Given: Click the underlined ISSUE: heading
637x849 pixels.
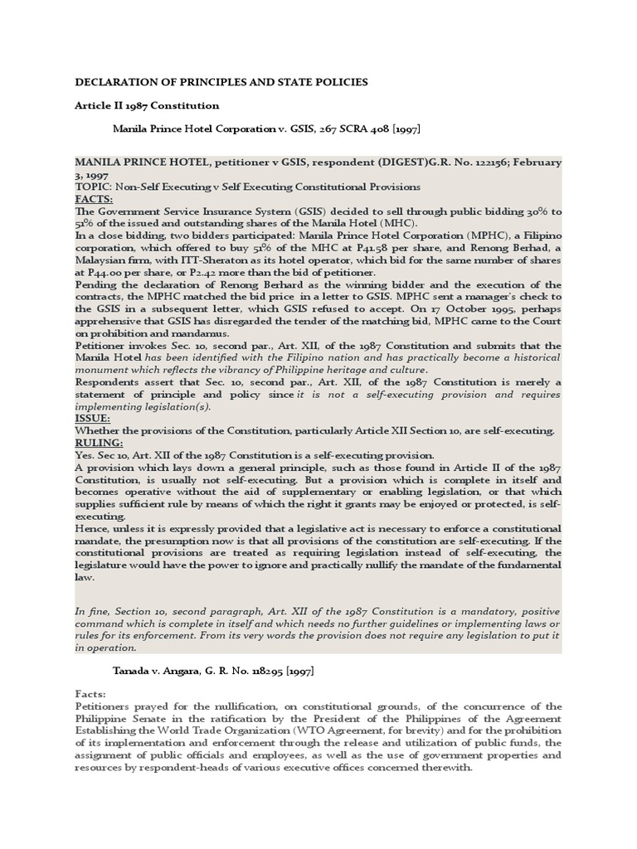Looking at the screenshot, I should point(92,419).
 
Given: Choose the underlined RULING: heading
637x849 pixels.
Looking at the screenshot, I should point(98,443).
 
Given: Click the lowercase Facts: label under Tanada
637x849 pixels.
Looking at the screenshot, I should point(90,692).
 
